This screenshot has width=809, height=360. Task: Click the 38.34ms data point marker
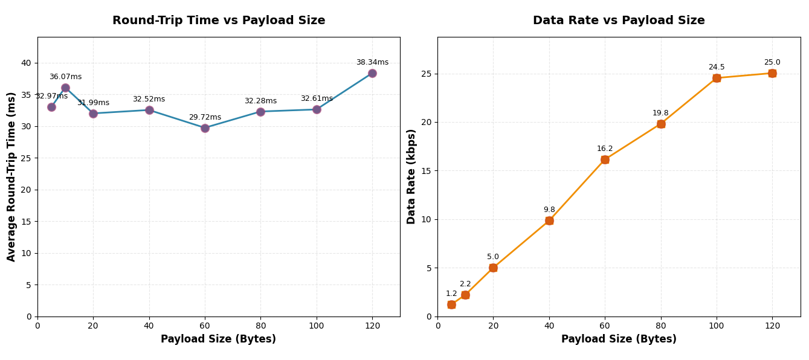click(x=372, y=73)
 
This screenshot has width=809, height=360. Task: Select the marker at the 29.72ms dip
click(x=205, y=128)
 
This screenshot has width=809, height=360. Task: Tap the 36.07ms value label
click(x=65, y=77)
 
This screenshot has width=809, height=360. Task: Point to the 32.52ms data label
click(x=149, y=99)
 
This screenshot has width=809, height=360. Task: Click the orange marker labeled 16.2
click(x=605, y=159)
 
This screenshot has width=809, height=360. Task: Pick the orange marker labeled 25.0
click(x=772, y=73)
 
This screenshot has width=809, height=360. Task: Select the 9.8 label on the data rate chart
click(x=549, y=210)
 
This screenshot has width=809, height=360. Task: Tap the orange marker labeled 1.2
click(x=451, y=304)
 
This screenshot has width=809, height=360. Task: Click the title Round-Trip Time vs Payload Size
click(x=219, y=21)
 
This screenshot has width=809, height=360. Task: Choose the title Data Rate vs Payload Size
click(x=619, y=21)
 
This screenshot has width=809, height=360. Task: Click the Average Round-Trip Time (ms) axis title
click(x=11, y=176)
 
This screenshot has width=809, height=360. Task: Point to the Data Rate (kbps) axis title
click(x=411, y=176)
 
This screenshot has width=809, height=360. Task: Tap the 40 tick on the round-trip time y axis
click(x=26, y=63)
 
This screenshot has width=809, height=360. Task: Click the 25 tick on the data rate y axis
click(x=427, y=74)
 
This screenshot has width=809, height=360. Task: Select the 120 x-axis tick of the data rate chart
click(x=772, y=326)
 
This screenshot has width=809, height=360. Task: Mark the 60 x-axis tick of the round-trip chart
click(x=205, y=326)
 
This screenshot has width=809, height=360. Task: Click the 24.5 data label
click(x=717, y=67)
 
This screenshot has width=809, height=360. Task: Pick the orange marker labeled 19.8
click(x=661, y=124)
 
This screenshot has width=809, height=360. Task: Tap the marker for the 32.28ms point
click(x=260, y=112)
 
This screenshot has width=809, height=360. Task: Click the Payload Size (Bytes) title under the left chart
click(x=218, y=339)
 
